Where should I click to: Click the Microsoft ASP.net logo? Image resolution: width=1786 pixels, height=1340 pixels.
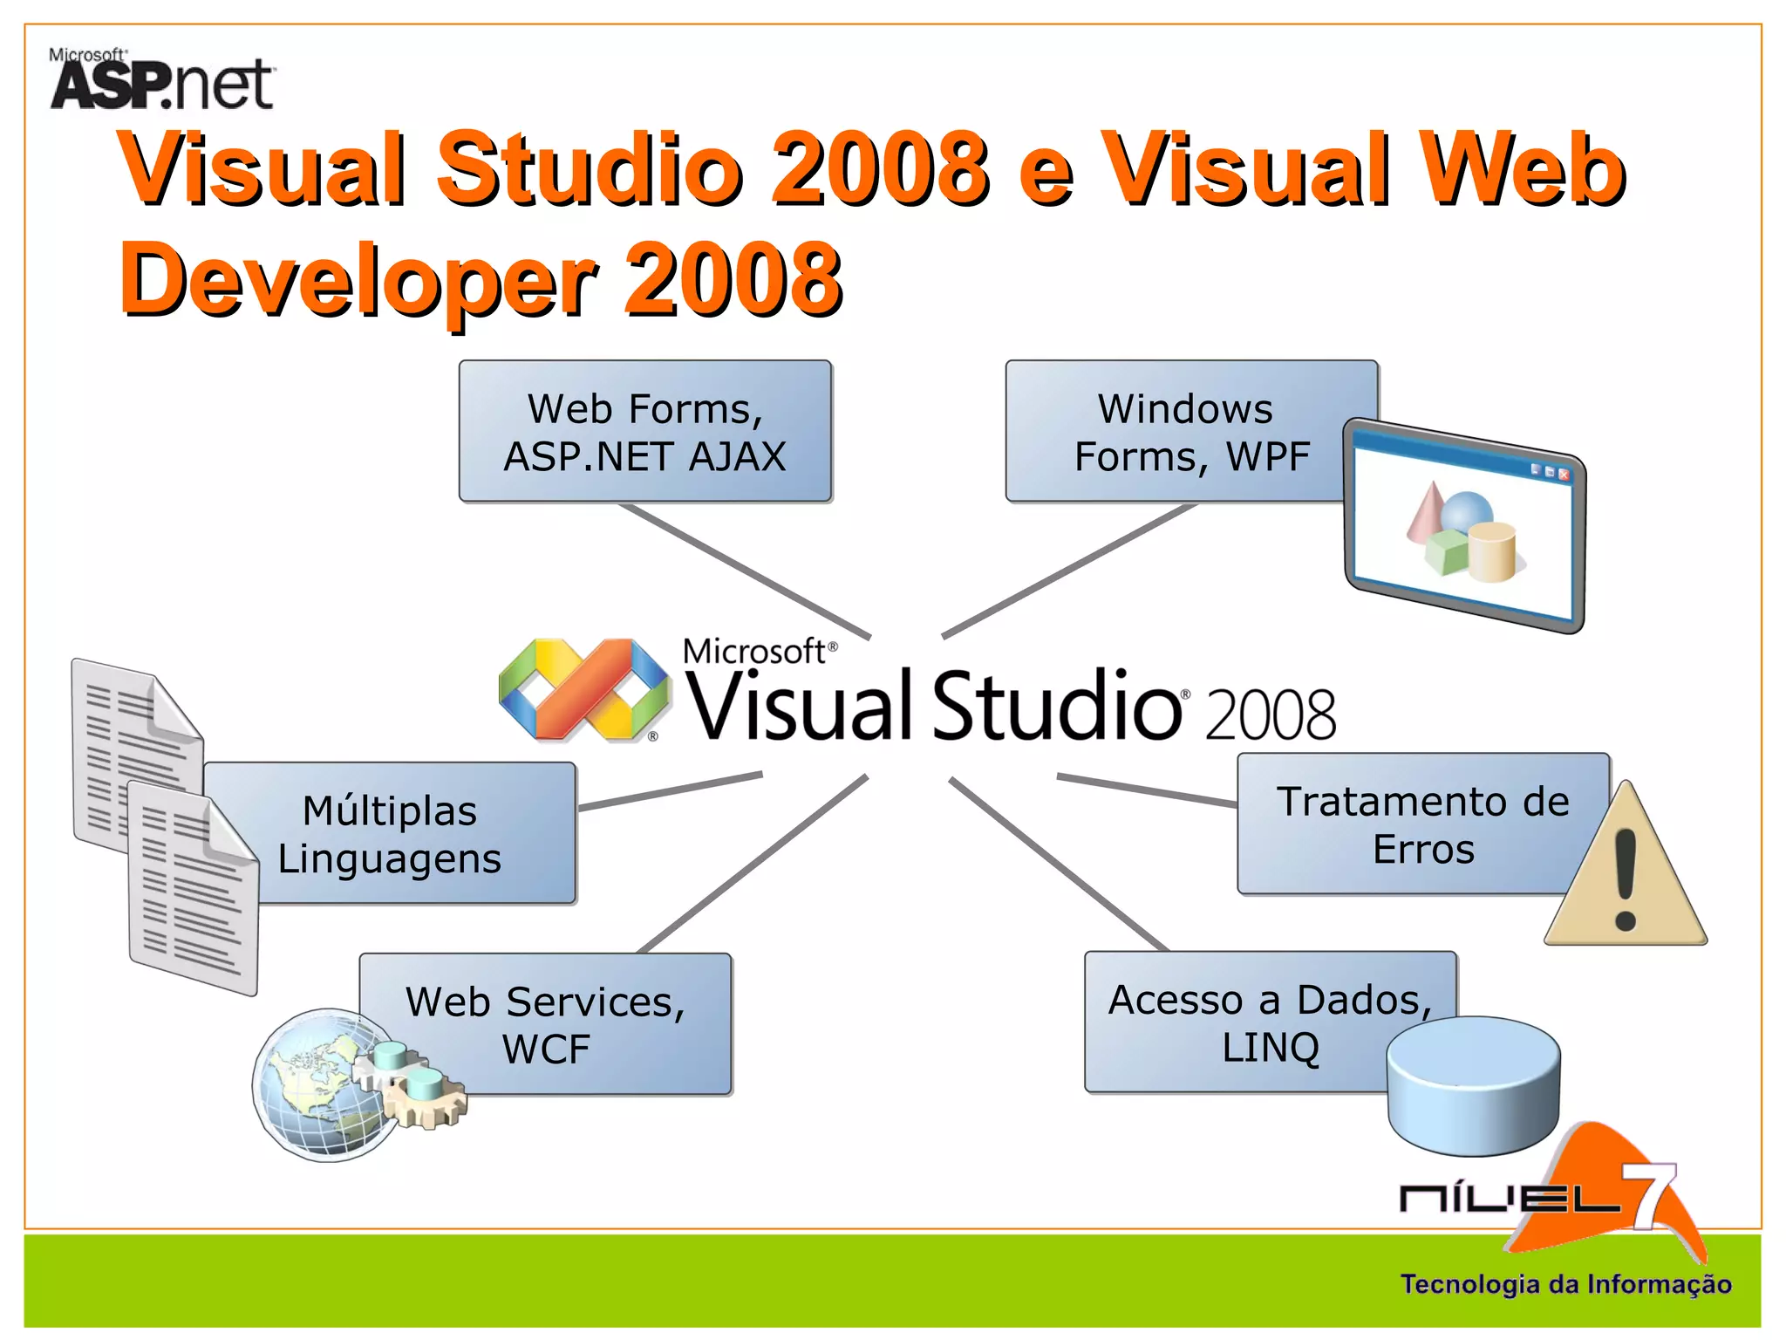tap(161, 80)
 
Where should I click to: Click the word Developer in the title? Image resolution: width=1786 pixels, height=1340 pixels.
tap(358, 279)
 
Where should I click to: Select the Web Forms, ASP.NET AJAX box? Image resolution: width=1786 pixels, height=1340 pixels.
tap(645, 431)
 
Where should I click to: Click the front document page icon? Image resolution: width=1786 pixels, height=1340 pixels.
tap(194, 890)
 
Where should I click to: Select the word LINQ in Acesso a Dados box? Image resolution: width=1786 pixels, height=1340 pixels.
tap(1270, 1047)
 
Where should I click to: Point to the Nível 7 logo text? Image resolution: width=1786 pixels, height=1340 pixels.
tap(1509, 1199)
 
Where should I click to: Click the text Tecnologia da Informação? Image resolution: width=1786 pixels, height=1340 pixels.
tap(1565, 1284)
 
